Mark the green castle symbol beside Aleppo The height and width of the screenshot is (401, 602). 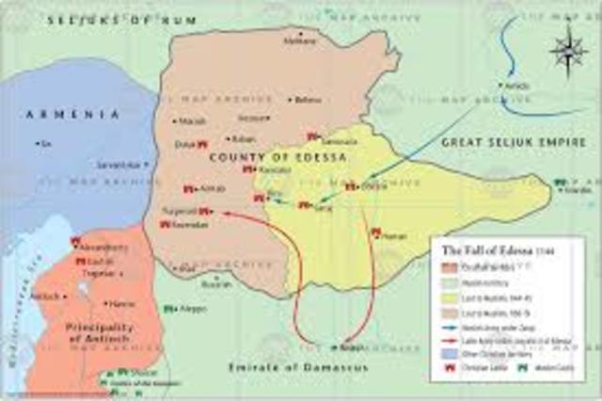169,309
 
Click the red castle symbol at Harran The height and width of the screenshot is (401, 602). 375,232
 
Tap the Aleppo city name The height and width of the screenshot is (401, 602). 192,309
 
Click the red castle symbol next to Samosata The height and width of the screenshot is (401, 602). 312,136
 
